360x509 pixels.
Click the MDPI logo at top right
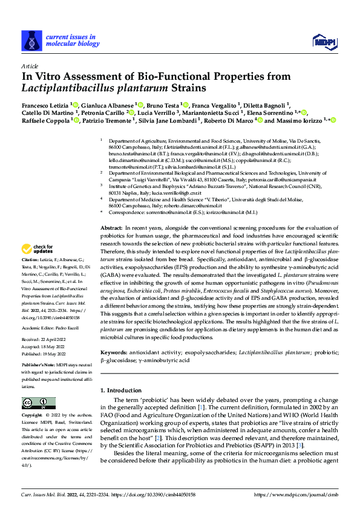pos(324,41)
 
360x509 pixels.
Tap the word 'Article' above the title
pos(29,65)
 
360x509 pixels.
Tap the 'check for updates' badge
pos(38,265)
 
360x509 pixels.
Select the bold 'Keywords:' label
pos(114,351)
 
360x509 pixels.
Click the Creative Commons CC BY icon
pos(35,403)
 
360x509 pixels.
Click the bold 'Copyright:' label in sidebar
pos(32,416)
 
